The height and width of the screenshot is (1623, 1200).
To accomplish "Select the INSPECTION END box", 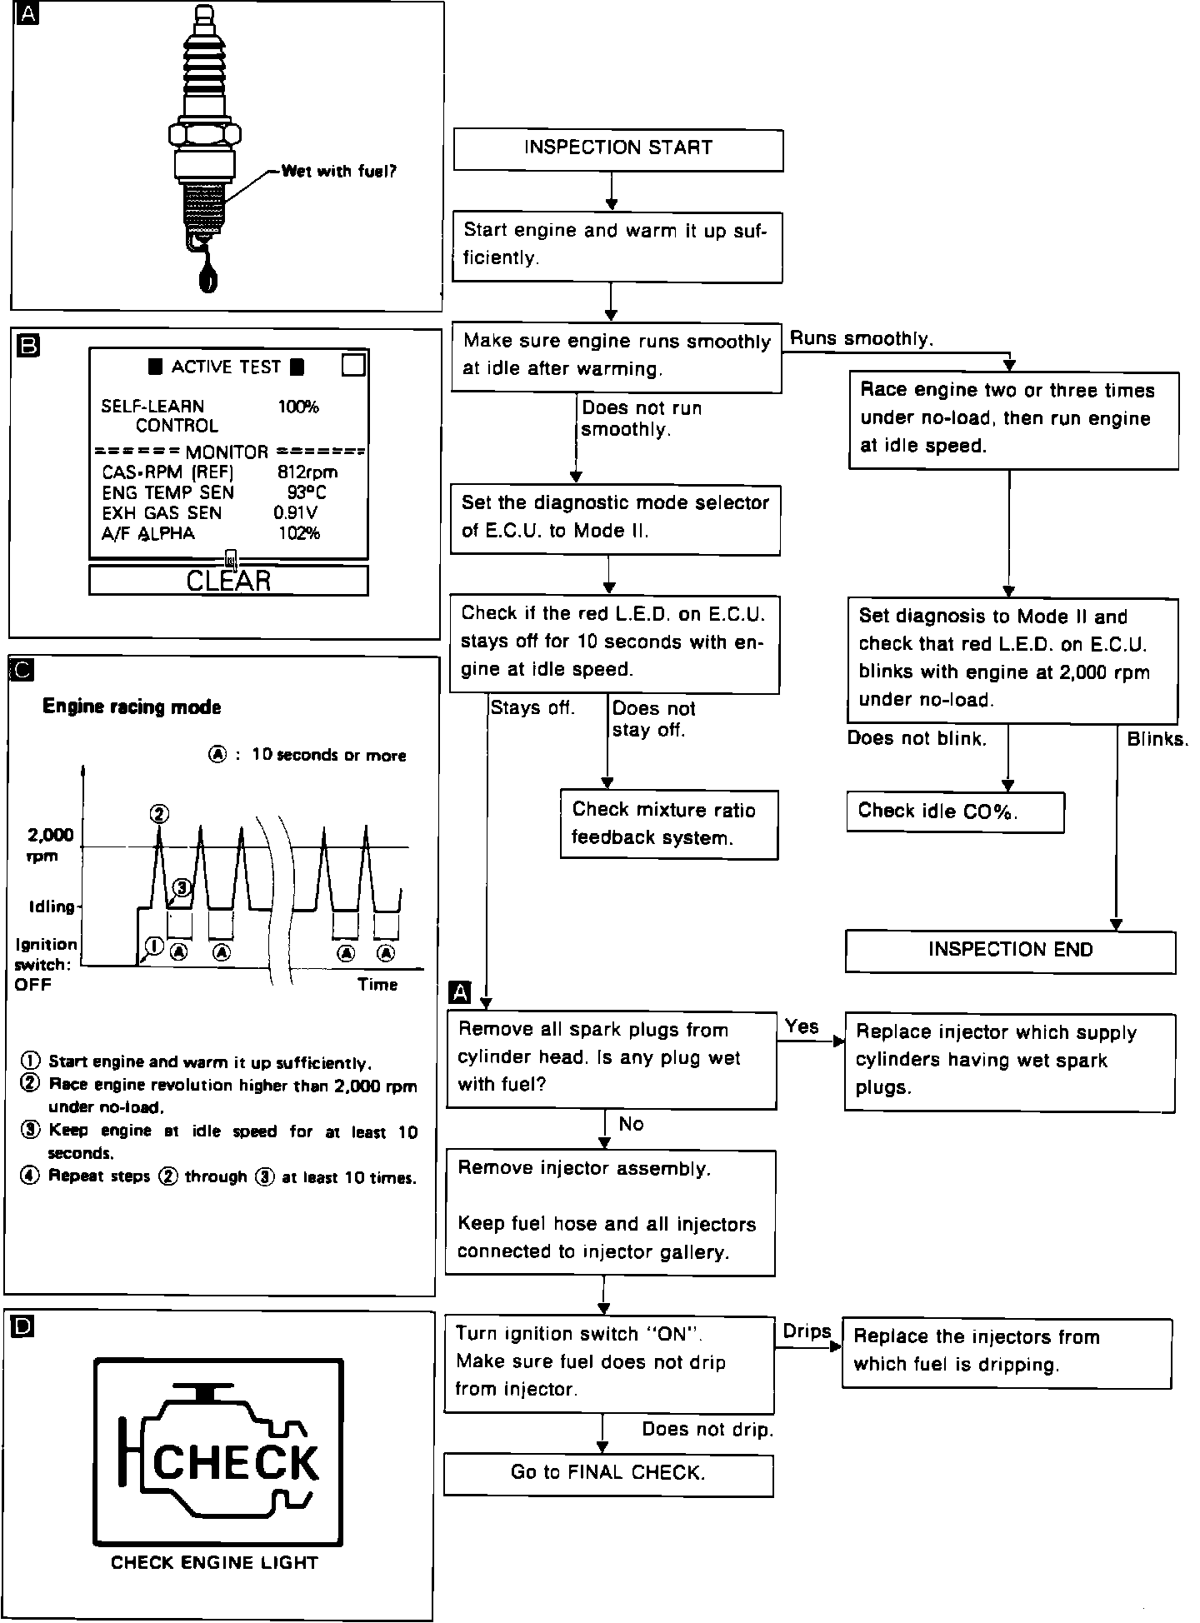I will [1010, 951].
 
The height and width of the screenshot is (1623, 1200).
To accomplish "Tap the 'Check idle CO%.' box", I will [955, 811].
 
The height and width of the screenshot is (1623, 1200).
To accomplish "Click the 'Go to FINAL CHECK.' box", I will [608, 1473].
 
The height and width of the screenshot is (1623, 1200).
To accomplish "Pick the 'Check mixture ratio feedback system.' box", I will [669, 824].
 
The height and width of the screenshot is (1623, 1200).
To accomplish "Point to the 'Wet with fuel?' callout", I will [338, 172].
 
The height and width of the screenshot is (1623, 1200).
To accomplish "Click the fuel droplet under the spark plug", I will [208, 275].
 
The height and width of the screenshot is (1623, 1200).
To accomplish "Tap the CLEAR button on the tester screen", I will [228, 581].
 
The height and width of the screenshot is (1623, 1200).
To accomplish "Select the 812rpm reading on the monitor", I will [307, 472].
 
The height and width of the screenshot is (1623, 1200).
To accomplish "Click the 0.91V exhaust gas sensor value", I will [295, 513].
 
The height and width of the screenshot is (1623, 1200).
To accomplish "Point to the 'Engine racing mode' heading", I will [132, 707].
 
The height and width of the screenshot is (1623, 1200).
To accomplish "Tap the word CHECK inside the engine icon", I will [236, 1462].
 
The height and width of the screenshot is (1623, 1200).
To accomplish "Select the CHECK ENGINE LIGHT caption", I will [214, 1562].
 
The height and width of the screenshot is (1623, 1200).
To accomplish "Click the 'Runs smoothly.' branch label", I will [861, 338].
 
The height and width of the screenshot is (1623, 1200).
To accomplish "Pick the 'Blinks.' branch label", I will [1157, 739].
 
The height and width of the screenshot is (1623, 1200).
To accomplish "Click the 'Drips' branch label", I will [807, 1331].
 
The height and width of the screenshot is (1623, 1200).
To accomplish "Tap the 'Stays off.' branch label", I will [532, 708].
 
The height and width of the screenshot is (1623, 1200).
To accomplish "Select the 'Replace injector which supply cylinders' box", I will [1010, 1061].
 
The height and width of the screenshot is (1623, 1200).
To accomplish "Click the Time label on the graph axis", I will [377, 985].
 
